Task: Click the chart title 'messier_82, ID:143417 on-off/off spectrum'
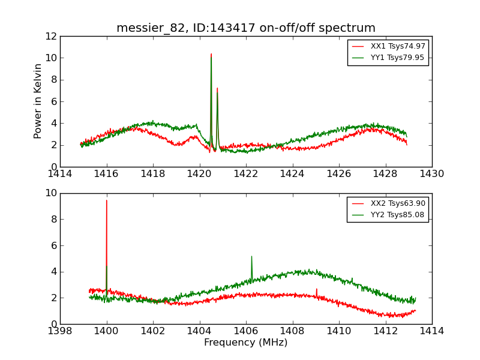pos(246,28)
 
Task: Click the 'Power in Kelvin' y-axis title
pos(38,101)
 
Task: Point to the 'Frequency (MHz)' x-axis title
pos(246,343)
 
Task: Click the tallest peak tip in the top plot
pos(211,54)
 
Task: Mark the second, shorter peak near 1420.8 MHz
pos(217,88)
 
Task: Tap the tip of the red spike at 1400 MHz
pos(107,200)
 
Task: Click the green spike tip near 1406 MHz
pos(251,256)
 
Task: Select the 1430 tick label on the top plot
pos(431,174)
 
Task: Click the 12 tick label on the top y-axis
pos(50,36)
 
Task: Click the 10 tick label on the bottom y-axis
pos(50,193)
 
